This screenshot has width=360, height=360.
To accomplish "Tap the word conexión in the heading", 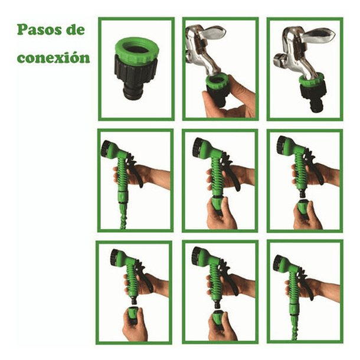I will pyautogui.click(x=53, y=58).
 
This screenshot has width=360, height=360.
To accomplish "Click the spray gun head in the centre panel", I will pyautogui.click(x=201, y=148).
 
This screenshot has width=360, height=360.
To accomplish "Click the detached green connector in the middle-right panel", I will pyautogui.click(x=303, y=208).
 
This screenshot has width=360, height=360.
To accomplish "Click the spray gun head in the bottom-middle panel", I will pyautogui.click(x=201, y=256).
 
